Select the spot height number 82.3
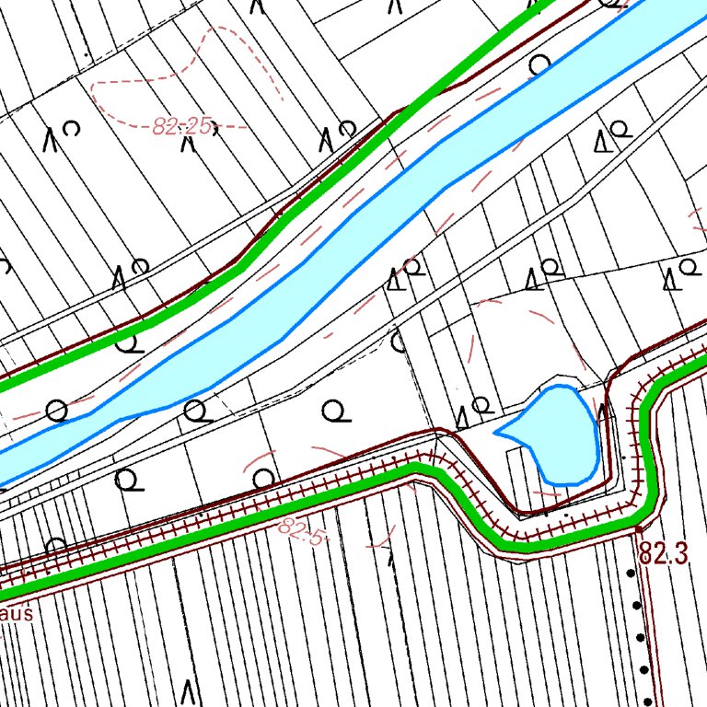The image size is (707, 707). [664, 554]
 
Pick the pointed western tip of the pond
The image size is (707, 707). [498, 431]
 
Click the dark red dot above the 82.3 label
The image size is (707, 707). [638, 530]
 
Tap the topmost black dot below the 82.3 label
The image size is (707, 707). [631, 573]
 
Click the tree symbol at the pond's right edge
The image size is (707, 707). [602, 412]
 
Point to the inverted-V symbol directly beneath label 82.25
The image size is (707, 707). [188, 146]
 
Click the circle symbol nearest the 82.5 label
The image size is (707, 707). [264, 478]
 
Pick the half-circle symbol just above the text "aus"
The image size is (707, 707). [55, 546]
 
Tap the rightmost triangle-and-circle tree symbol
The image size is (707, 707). [678, 273]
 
